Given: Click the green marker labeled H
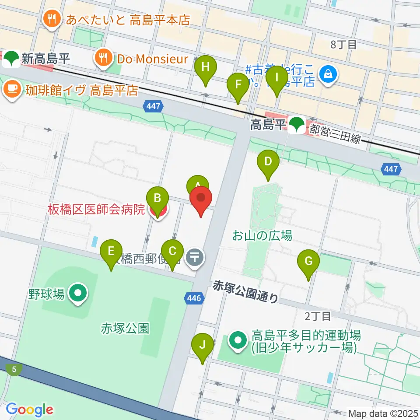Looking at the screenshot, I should [x=206, y=68].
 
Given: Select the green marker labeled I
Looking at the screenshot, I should [x=276, y=77].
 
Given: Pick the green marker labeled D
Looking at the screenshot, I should [x=268, y=162].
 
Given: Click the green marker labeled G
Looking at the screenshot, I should [x=308, y=262].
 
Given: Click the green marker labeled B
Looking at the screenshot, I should [x=157, y=199].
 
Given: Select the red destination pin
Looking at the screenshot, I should [x=201, y=199].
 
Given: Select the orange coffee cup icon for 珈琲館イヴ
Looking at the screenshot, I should [x=12, y=89].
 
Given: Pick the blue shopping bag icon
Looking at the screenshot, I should [x=328, y=73].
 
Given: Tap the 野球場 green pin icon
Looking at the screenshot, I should [x=79, y=294].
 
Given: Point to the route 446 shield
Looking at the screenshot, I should [x=195, y=299].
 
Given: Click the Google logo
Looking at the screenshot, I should [x=29, y=409].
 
